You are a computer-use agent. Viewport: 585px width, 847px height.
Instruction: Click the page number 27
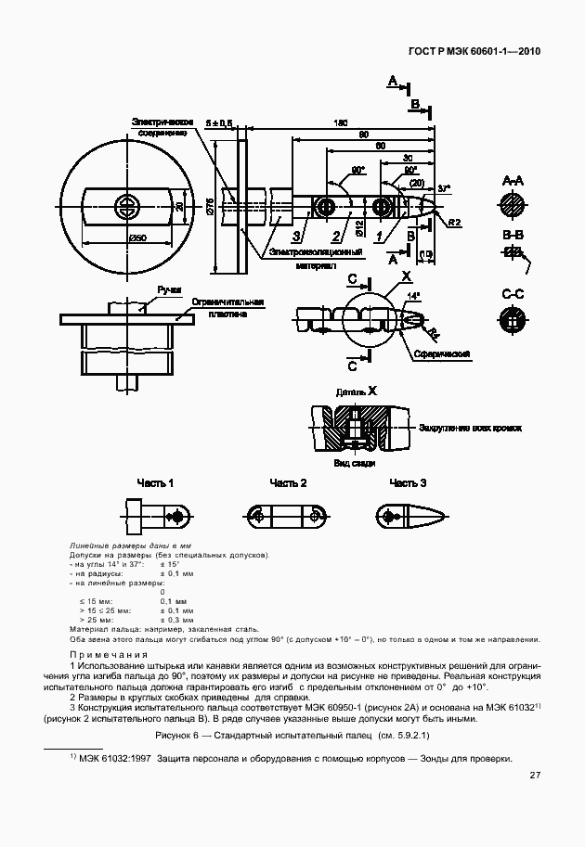(535, 776)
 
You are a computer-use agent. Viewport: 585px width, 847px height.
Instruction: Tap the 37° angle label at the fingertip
(444, 186)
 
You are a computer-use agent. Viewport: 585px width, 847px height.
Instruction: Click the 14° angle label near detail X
(413, 295)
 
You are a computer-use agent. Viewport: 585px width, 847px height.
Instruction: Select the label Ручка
(169, 289)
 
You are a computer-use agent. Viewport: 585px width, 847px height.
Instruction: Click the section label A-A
(513, 179)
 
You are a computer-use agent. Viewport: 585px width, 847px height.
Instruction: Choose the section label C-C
(513, 294)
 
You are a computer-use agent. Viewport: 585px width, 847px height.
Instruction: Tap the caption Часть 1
(156, 483)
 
